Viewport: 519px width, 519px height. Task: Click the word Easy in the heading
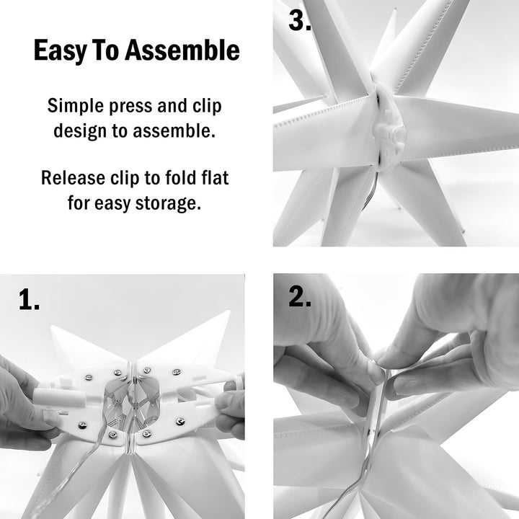pos(57,51)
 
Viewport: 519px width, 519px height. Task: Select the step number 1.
pos(30,301)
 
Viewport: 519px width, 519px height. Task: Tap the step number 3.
pos(300,21)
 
